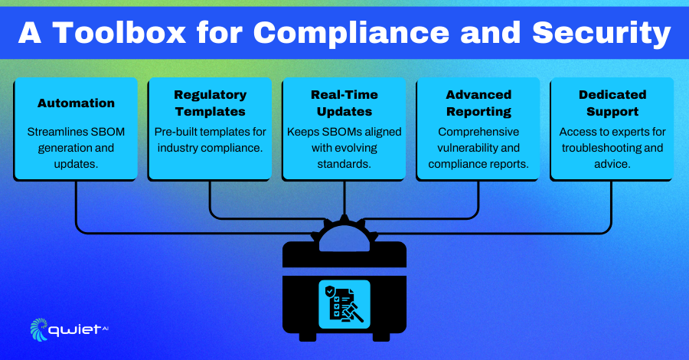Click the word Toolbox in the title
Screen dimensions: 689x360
point(119,33)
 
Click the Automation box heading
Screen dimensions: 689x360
point(76,103)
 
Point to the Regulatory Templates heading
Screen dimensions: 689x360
point(210,103)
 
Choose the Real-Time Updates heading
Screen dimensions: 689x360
point(344,103)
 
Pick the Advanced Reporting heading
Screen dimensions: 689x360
point(478,103)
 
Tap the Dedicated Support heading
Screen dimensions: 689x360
point(612,103)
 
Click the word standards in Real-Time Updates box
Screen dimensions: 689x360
point(344,164)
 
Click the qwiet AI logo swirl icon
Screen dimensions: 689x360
point(39,329)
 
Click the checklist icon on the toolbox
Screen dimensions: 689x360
point(344,304)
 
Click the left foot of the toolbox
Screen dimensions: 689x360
point(308,337)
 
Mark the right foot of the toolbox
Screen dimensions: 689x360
point(381,337)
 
